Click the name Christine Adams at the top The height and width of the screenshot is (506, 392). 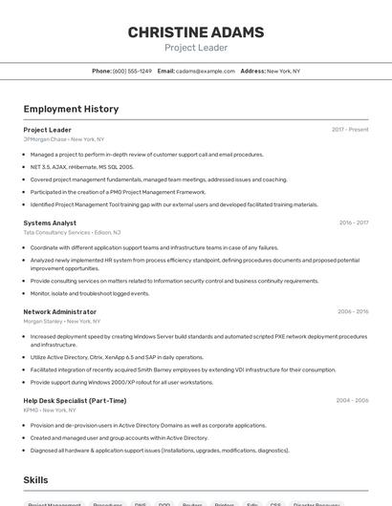(x=195, y=32)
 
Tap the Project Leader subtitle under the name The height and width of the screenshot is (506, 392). (x=195, y=48)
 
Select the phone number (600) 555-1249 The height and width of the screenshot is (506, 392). (x=132, y=71)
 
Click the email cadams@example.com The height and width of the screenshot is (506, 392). (x=206, y=71)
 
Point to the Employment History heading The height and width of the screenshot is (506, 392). (x=71, y=109)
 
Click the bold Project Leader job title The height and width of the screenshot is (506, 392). (x=47, y=130)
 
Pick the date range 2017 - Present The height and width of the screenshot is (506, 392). (x=350, y=130)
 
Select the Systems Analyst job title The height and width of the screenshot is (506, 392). (x=50, y=222)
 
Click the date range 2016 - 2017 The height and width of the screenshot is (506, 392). (x=353, y=222)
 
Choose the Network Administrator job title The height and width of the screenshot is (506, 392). (x=59, y=311)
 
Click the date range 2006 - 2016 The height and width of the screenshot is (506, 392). (x=353, y=311)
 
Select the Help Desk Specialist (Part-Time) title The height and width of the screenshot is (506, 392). (x=75, y=400)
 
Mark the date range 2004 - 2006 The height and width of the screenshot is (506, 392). (x=353, y=400)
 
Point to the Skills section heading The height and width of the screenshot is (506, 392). (x=35, y=480)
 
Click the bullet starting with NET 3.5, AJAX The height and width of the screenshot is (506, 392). (x=81, y=166)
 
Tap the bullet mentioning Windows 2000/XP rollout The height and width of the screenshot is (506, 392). (x=121, y=382)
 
